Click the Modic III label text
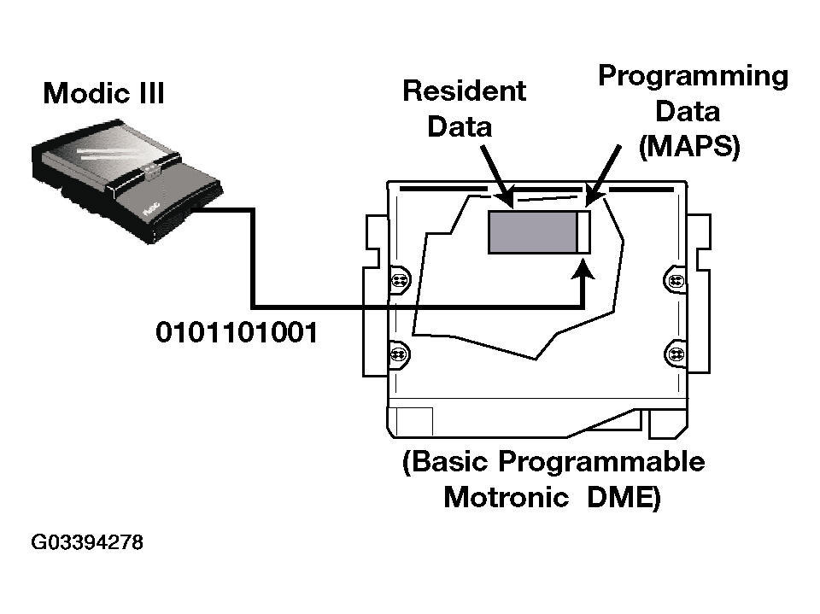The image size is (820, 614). point(103,92)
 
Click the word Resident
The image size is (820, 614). point(464,91)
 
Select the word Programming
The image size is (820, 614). point(692,76)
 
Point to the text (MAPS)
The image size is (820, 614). point(689,146)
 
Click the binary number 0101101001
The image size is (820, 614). point(236,332)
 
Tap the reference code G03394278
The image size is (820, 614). point(86,543)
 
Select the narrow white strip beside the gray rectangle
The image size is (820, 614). point(583,232)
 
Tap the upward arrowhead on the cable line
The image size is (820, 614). point(583,272)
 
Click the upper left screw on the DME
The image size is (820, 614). point(399,279)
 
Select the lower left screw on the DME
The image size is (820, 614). point(399,353)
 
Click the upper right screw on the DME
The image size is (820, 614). point(675,279)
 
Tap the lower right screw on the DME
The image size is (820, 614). point(675,353)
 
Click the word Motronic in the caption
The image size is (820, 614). point(506,497)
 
